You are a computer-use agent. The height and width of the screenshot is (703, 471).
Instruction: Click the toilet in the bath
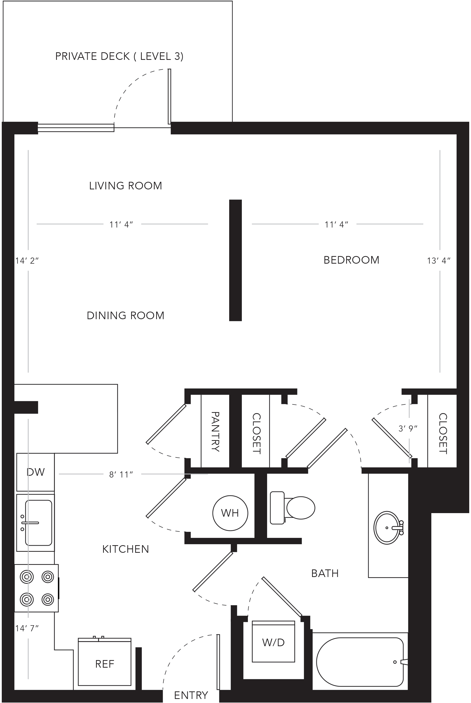coord(292,508)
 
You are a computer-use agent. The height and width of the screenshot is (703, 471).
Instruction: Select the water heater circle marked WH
coord(230,513)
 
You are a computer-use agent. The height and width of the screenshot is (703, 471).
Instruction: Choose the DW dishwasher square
coord(35,472)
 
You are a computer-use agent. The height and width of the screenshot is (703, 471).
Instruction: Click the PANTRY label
coord(215,432)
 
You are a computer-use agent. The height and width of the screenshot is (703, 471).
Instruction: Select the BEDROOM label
coord(351,260)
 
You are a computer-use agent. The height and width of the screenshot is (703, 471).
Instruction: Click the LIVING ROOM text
coord(126,186)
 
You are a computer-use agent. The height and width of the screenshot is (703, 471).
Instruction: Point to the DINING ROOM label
coord(126,315)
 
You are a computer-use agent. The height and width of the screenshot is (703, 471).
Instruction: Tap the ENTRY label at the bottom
coord(191,695)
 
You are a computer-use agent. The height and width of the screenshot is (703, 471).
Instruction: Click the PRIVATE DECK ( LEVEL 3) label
coord(119,56)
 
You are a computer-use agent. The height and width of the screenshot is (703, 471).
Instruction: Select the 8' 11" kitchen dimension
coord(121,474)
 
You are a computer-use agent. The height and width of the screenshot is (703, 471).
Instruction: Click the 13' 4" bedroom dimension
coord(439,261)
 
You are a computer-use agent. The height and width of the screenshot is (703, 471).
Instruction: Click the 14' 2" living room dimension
coord(27,261)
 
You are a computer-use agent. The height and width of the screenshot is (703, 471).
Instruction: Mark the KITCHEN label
coord(126,549)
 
